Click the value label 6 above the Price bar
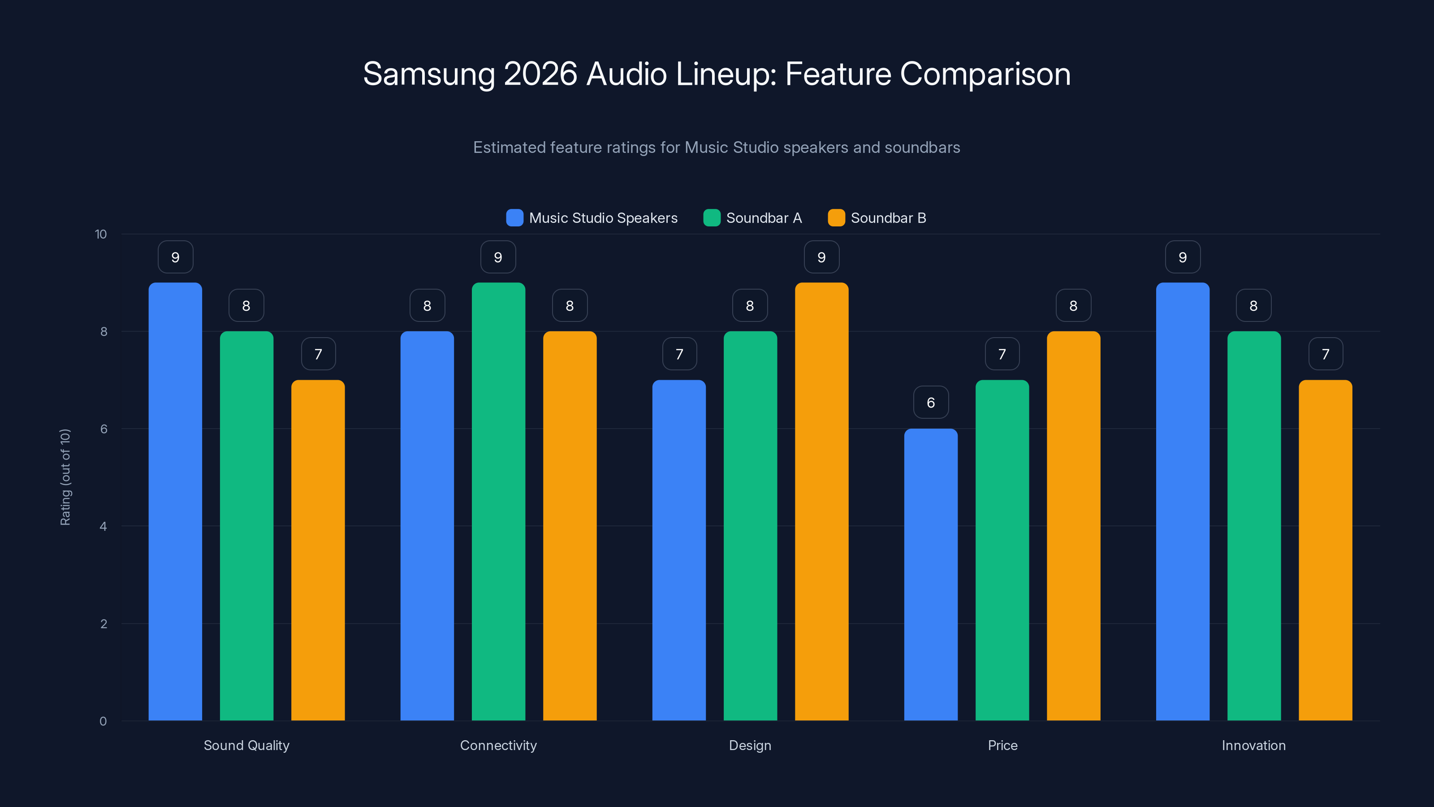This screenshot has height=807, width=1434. pyautogui.click(x=931, y=402)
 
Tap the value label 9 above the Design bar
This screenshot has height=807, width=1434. pyautogui.click(x=822, y=257)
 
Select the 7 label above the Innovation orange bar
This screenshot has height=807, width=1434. pyautogui.click(x=1326, y=354)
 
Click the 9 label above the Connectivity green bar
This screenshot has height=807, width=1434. pyautogui.click(x=498, y=257)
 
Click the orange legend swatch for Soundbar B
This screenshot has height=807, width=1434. pyautogui.click(x=836, y=218)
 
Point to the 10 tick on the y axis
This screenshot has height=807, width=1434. pyautogui.click(x=101, y=234)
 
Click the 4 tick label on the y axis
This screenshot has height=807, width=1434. pyautogui.click(x=103, y=526)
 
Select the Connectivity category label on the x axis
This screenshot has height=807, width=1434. pyautogui.click(x=498, y=745)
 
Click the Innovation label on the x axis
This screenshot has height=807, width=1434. pyautogui.click(x=1254, y=745)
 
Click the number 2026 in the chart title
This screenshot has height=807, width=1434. pyautogui.click(x=540, y=74)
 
